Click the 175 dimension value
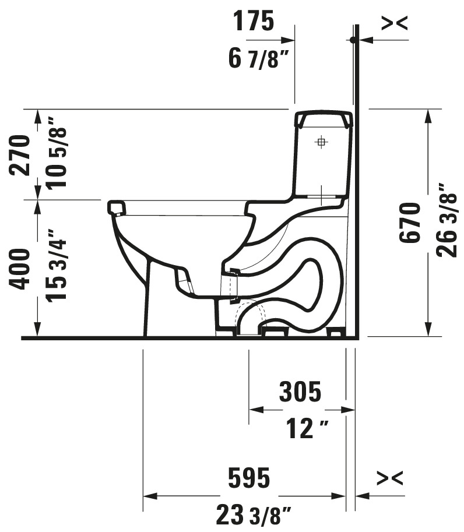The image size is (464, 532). tap(253, 21)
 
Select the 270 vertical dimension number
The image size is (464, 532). tap(19, 155)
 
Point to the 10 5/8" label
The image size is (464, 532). tap(57, 153)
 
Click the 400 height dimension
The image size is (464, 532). tap(19, 269)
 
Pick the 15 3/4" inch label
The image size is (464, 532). tap(57, 265)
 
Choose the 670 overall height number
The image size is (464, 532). tap(410, 223)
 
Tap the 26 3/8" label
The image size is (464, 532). tap(447, 220)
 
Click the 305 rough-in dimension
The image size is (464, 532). tap(300, 392)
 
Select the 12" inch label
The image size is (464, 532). tap(307, 428)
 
